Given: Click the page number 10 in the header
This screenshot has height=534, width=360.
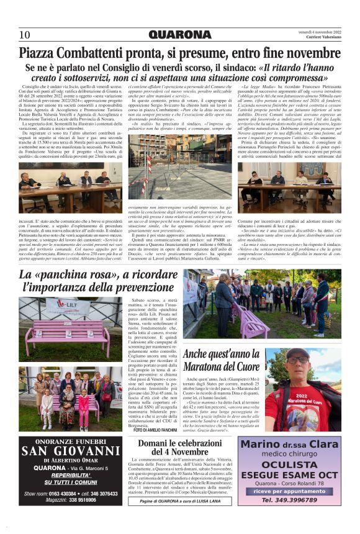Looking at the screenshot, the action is click(25, 34).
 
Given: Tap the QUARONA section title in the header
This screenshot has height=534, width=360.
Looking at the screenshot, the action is click(180, 34).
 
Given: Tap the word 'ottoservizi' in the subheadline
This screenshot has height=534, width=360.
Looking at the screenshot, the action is click(135, 77).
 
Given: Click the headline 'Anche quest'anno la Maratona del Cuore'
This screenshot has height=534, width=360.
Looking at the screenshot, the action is click(221, 360).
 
